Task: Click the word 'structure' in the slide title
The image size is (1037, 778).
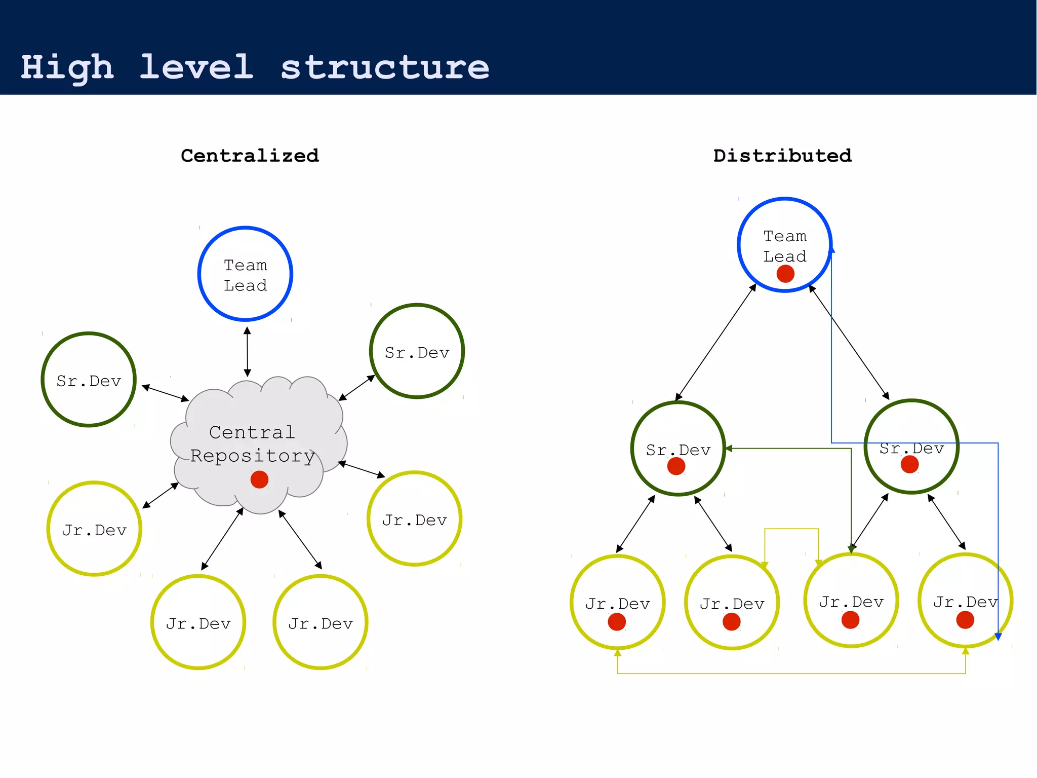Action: click(385, 67)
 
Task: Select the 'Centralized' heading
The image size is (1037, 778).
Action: click(250, 156)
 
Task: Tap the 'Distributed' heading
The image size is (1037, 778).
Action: click(782, 156)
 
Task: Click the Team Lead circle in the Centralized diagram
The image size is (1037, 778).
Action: click(245, 274)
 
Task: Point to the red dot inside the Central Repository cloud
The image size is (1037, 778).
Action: click(259, 479)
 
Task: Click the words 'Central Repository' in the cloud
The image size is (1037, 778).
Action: click(252, 444)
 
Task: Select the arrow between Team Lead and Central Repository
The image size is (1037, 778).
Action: click(247, 352)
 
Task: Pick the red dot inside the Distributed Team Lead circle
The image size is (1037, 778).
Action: click(785, 274)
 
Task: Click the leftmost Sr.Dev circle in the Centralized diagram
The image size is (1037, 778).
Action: click(89, 380)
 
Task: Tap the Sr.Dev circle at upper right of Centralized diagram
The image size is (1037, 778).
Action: click(417, 351)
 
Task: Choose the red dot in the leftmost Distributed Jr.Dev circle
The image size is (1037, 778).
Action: click(617, 622)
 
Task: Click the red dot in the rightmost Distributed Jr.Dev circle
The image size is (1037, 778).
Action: click(965, 620)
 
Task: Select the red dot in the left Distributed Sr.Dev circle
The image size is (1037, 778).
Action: click(676, 466)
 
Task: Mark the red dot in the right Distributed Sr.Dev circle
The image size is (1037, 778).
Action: click(909, 464)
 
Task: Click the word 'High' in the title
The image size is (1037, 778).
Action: click(67, 67)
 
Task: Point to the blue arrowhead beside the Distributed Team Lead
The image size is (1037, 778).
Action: click(831, 249)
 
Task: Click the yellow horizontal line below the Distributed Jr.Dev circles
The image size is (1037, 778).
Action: click(790, 674)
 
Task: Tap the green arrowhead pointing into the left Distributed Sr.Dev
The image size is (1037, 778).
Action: click(729, 449)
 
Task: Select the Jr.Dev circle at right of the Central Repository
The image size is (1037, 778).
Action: click(414, 518)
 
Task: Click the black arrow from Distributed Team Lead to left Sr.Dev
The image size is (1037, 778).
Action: click(715, 343)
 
